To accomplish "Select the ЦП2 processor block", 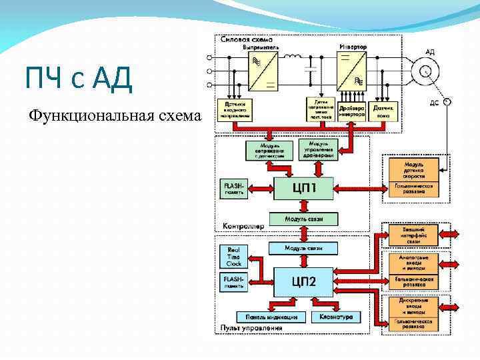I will (304, 282).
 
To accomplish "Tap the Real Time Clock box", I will (233, 255).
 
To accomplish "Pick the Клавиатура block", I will (336, 316).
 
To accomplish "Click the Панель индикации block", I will (271, 316).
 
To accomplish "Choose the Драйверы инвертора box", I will (352, 110).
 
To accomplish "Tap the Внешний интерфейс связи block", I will (419, 233).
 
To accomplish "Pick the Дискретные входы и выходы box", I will (419, 303).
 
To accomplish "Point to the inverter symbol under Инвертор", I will (353, 72).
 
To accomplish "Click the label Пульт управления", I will (251, 328).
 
